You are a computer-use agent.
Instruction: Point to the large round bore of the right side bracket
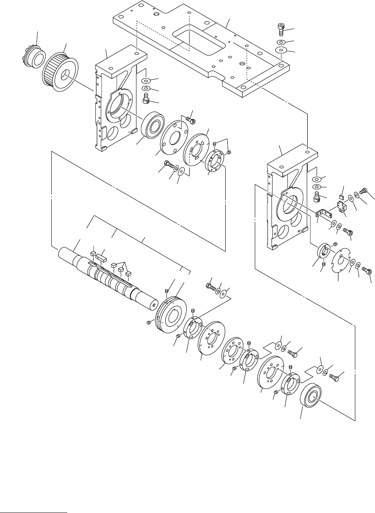click(x=288, y=206)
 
